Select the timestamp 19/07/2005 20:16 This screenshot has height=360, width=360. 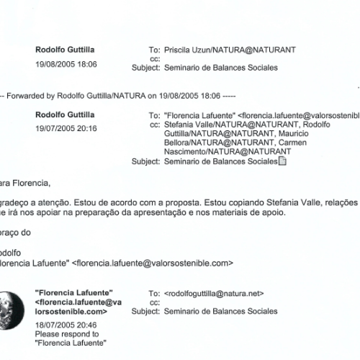tap(66, 129)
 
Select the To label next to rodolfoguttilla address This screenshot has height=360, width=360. tap(153, 294)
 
